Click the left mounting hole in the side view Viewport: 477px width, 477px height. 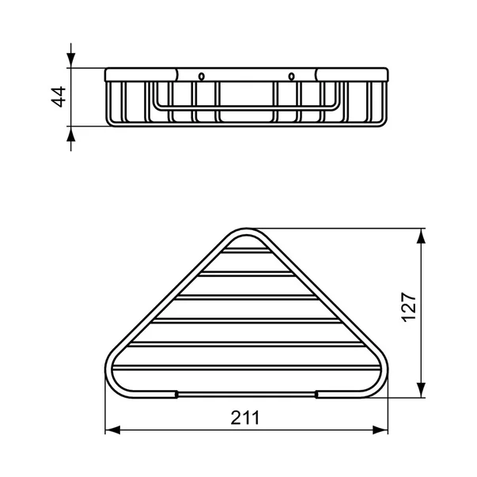tap(202, 77)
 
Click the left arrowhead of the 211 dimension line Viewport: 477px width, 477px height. tap(111, 430)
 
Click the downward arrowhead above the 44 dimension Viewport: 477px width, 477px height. tap(72, 62)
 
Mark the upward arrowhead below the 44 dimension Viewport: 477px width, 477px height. tap(72, 132)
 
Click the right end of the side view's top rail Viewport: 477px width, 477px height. tap(386, 75)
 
